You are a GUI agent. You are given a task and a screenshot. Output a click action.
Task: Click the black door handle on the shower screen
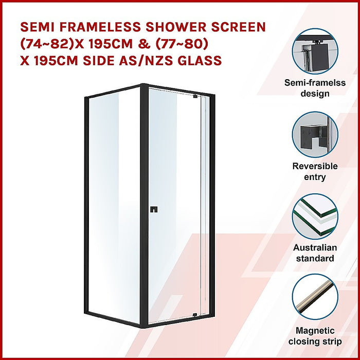pyautogui.click(x=153, y=209)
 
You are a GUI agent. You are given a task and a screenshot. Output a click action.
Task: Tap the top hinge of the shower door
pyautogui.click(x=195, y=96)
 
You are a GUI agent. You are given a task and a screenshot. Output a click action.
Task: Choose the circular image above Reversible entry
pyautogui.click(x=315, y=135)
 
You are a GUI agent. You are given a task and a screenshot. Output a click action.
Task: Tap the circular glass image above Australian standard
pyautogui.click(x=315, y=216)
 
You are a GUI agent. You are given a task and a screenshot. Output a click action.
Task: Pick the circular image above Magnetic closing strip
pyautogui.click(x=315, y=297)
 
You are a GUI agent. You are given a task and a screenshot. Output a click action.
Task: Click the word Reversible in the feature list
pyautogui.click(x=315, y=166)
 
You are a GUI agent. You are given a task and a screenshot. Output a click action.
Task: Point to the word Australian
pyautogui.click(x=315, y=247)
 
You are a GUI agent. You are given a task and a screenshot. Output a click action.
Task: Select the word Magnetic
pyautogui.click(x=315, y=331)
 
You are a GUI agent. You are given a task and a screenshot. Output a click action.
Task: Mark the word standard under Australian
pyautogui.click(x=315, y=258)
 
